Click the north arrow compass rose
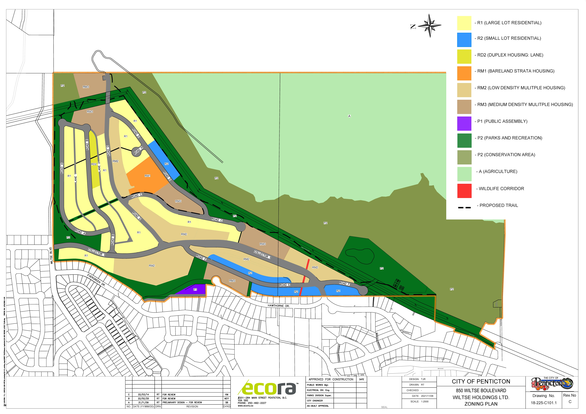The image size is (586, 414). (x=430, y=26)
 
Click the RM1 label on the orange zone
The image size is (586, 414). (x=148, y=176)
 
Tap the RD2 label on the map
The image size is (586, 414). (x=94, y=164)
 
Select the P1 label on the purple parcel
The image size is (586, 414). (x=195, y=289)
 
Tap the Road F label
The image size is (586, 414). (x=344, y=283)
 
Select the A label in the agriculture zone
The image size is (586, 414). (x=349, y=116)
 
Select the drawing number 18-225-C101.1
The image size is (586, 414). (x=544, y=403)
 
